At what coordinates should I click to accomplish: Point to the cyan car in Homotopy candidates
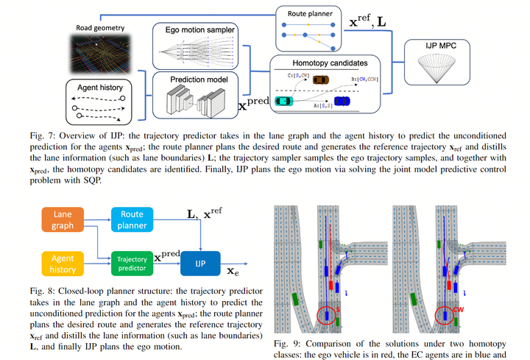(283, 101)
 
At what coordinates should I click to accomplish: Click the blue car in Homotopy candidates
(342, 101)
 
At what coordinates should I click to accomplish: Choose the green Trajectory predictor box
(132, 262)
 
